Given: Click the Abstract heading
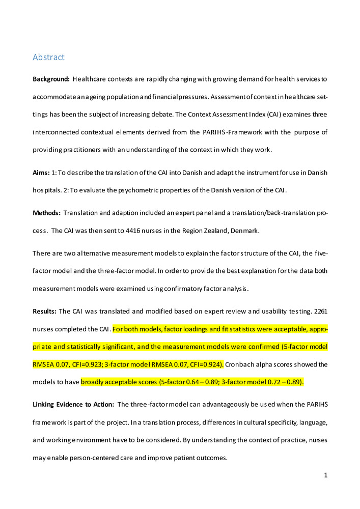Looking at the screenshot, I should [x=48, y=57].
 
